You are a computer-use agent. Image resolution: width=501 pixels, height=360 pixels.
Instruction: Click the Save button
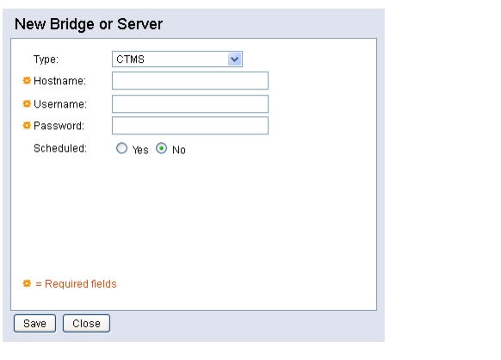click(x=34, y=323)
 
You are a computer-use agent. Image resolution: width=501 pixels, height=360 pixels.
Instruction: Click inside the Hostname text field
click(x=190, y=81)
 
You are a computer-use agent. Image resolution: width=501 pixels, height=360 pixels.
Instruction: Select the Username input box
click(x=190, y=104)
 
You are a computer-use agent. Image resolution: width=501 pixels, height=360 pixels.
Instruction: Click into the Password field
click(x=190, y=126)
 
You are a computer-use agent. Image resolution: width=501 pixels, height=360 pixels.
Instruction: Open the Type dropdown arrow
click(x=234, y=59)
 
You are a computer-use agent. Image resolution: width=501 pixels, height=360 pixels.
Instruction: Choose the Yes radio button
click(x=121, y=148)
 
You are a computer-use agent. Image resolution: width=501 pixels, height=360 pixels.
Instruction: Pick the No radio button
click(x=161, y=148)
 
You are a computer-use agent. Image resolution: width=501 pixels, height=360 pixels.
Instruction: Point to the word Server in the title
click(x=140, y=24)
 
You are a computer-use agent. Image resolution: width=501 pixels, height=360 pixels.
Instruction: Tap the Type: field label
click(x=46, y=59)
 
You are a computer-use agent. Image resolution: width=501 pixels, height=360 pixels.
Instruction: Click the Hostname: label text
click(x=59, y=81)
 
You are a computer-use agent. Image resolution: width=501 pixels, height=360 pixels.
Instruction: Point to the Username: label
click(x=60, y=104)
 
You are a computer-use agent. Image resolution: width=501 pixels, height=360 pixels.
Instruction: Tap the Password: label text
click(x=59, y=126)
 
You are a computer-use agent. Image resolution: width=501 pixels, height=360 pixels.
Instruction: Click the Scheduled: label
click(x=60, y=148)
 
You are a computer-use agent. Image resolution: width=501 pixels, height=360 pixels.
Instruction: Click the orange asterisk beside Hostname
click(x=27, y=81)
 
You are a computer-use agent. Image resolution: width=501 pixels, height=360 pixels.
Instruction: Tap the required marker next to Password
click(x=27, y=126)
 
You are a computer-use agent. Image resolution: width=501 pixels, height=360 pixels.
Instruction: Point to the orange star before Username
click(x=27, y=104)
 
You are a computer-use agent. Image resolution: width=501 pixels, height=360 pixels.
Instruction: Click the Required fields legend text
click(x=81, y=284)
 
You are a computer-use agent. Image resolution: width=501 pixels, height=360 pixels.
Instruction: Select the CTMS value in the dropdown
click(x=130, y=59)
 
